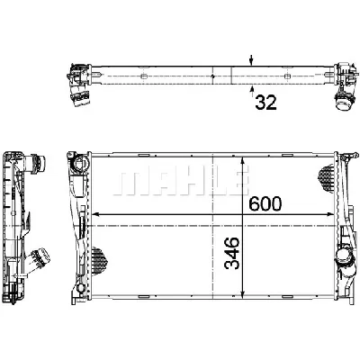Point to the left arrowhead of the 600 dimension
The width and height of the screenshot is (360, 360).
click(x=96, y=214)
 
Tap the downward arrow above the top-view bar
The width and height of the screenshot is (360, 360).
click(x=251, y=60)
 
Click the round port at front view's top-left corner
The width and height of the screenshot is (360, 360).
click(x=72, y=163)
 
